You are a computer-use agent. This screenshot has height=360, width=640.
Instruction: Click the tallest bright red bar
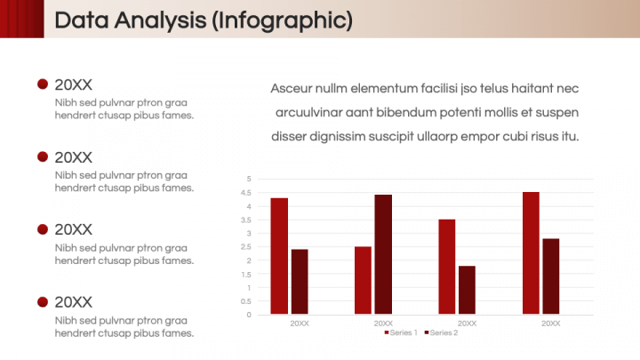click(x=531, y=252)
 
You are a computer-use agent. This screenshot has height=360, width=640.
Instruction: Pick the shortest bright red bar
click(x=363, y=280)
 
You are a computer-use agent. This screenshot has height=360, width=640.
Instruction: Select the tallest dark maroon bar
click(x=383, y=254)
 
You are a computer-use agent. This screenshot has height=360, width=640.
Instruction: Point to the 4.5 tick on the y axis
click(x=248, y=193)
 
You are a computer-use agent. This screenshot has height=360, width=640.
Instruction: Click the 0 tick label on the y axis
click(x=250, y=315)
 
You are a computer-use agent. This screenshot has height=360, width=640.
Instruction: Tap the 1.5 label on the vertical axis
click(x=248, y=274)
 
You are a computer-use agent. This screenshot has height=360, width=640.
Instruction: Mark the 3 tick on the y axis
click(x=250, y=234)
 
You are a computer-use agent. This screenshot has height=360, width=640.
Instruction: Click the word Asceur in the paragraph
click(x=291, y=89)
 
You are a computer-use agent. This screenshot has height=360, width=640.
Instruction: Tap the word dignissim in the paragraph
click(x=351, y=137)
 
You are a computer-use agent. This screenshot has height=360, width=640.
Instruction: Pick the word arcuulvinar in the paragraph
click(x=311, y=113)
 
